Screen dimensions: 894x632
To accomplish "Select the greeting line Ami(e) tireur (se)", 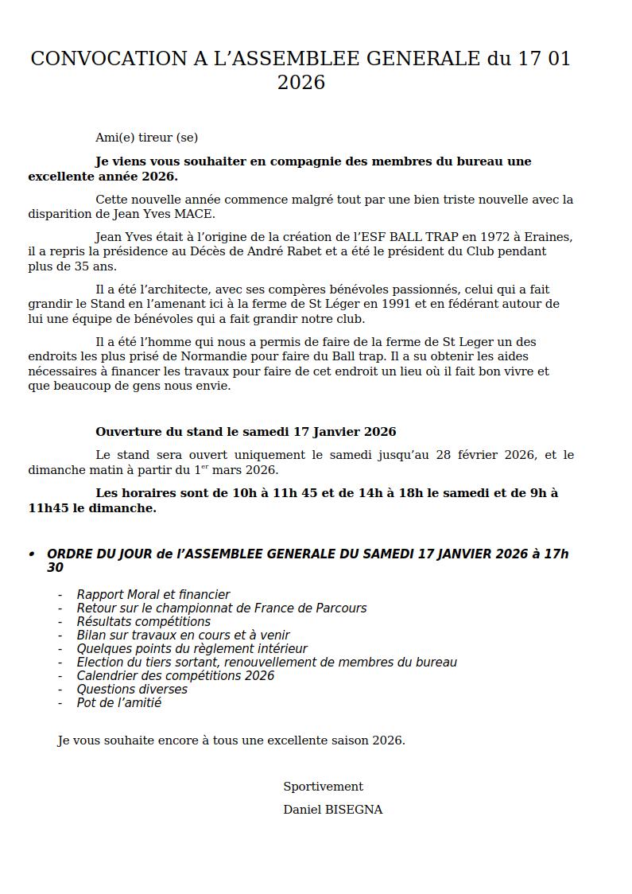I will pos(146,138).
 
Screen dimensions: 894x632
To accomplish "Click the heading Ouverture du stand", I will pos(159,432).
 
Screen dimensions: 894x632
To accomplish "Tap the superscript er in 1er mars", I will pos(204,467).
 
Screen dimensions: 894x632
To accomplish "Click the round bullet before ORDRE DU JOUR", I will pos(32,554).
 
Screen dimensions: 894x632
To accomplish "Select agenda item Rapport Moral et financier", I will pos(153,595).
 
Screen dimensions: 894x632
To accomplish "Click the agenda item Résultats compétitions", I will pos(144,622).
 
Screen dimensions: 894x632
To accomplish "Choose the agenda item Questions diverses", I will pos(132,690).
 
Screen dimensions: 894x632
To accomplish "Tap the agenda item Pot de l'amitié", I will pos(119,703).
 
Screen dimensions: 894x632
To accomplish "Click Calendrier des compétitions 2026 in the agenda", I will pos(176,676).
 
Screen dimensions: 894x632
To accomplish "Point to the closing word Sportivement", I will pos(323,787).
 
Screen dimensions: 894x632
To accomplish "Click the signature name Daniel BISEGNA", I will pos(333,810).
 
